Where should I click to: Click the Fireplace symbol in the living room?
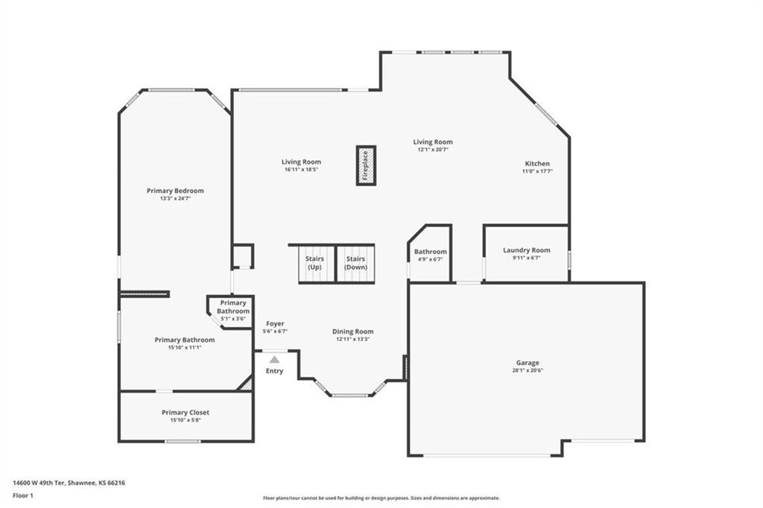pos(366,165)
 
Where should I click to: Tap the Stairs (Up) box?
pos(314,263)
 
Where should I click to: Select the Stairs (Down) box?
pos(355,263)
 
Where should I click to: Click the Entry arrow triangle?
pos(274,360)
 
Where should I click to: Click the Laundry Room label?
pos(526,250)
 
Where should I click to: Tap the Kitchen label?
pos(537,164)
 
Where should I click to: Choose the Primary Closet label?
pos(186,412)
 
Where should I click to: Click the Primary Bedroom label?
pos(175,191)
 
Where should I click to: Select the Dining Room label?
pos(353,331)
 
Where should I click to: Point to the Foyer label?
pos(275,324)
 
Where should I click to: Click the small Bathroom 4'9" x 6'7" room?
pos(431,255)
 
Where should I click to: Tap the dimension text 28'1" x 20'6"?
pos(528,370)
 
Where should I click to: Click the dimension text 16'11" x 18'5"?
pos(301,169)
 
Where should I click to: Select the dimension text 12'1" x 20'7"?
pos(433,149)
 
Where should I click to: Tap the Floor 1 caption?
pos(25,495)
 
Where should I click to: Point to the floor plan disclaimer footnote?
pos(381,498)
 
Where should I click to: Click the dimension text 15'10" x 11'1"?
pos(185,347)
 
